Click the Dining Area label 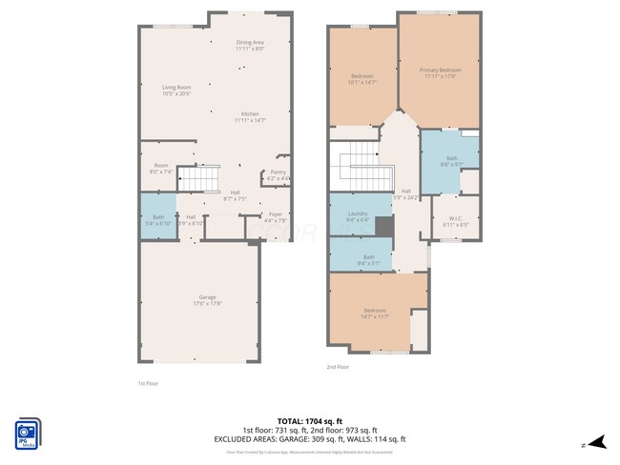(250, 45)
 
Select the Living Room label (176, 91)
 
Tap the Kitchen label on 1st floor (250, 116)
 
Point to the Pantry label (278, 174)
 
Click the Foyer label (275, 216)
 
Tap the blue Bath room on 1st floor (157, 218)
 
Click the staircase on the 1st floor (201, 178)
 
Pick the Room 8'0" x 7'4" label (159, 169)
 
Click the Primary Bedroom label (440, 72)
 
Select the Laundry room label (358, 216)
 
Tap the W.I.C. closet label (454, 220)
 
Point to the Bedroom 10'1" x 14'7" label (362, 78)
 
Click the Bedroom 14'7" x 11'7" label (374, 313)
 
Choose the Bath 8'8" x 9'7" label (450, 162)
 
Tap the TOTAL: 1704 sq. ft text (310, 420)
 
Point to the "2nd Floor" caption (338, 367)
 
